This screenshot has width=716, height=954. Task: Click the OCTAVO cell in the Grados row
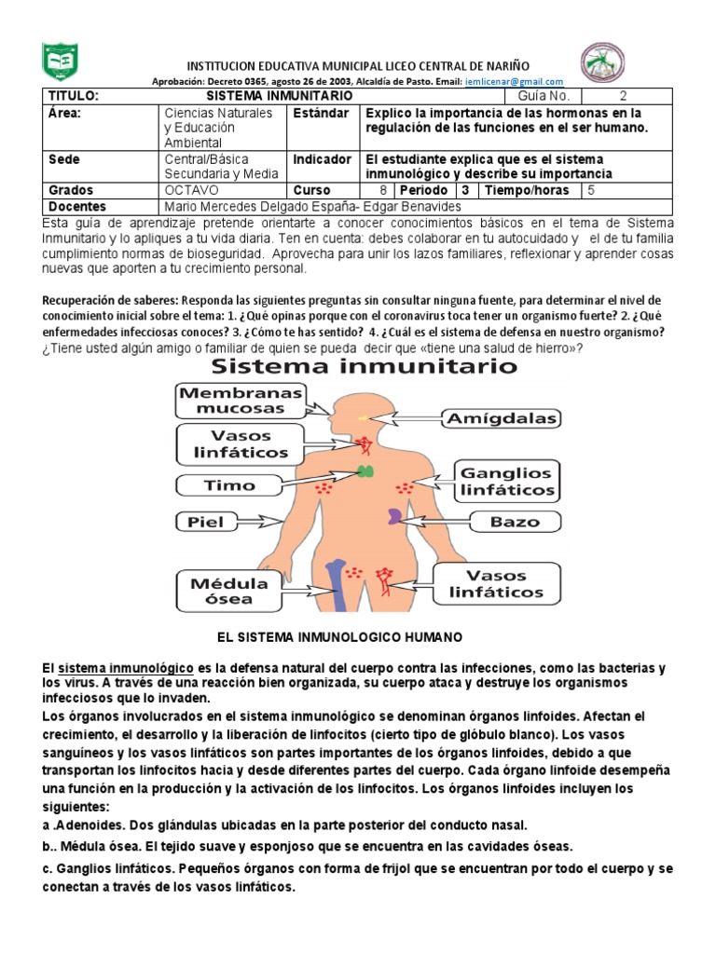(191, 190)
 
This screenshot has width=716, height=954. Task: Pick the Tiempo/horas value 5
(591, 190)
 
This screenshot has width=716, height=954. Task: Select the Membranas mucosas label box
(241, 402)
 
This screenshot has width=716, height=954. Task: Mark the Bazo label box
(515, 522)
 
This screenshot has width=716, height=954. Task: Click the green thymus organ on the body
(367, 470)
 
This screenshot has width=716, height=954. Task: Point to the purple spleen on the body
(397, 515)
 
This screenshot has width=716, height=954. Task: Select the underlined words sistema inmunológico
(126, 669)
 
